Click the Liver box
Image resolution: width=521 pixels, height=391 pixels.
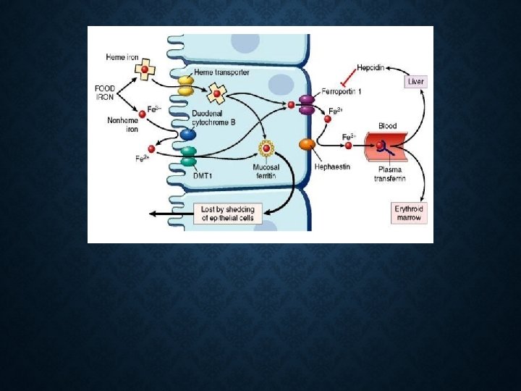tap(415, 82)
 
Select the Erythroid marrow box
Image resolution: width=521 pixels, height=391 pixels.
tap(408, 213)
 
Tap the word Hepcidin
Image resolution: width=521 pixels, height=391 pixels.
tap(371, 68)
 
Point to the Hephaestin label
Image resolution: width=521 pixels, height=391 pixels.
tap(333, 167)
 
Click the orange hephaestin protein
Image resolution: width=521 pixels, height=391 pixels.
tap(307, 145)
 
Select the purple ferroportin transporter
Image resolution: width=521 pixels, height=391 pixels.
tap(307, 105)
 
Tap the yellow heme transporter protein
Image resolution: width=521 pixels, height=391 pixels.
tap(185, 86)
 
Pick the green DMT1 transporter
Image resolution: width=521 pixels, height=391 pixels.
tap(188, 156)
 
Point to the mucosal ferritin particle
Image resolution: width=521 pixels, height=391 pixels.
tap(266, 149)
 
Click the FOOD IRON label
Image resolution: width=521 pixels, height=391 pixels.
tap(105, 93)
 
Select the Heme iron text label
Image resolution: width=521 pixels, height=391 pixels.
tap(122, 57)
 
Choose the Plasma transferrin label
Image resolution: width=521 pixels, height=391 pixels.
tap(389, 174)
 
